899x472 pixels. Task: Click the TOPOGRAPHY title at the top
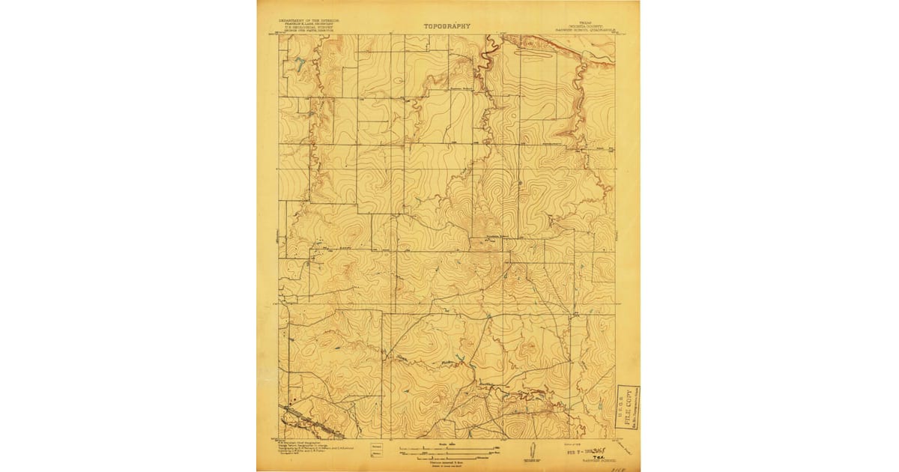tap(447, 26)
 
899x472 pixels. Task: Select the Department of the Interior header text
tap(307, 21)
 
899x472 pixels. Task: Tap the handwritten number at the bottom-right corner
tap(619, 465)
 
